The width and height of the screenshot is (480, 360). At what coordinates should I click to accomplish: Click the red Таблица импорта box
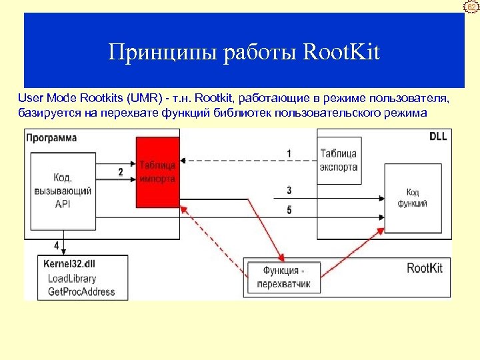[x=157, y=171]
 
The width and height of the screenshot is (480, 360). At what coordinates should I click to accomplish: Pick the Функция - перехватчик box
[x=283, y=277]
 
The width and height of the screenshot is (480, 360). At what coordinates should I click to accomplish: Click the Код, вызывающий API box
[x=62, y=191]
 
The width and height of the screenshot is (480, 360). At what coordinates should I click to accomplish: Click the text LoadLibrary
[x=72, y=279]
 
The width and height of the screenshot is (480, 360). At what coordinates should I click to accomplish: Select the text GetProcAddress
[x=81, y=291]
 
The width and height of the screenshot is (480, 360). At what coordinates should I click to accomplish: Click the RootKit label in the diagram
[x=425, y=269]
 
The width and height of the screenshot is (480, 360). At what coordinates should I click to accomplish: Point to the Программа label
[x=52, y=138]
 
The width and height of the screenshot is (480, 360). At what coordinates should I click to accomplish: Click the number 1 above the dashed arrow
[x=289, y=153]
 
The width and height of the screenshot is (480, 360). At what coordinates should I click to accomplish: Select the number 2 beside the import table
[x=121, y=172]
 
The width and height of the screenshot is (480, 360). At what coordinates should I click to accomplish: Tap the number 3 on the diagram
[x=289, y=191]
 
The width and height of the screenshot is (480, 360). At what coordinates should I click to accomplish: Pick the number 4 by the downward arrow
[x=56, y=235]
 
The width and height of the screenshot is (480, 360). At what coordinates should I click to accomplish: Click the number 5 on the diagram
[x=289, y=210]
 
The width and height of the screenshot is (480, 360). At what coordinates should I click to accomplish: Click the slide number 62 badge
[x=473, y=7]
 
